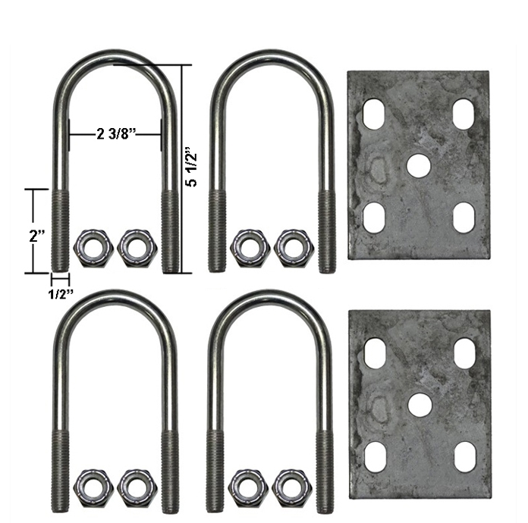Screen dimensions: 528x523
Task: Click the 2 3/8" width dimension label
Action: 116,134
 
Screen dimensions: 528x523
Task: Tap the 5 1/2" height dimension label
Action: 192,166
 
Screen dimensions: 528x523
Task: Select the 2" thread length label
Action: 37,236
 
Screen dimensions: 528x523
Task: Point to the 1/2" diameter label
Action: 61,294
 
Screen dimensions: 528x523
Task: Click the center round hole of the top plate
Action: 419,165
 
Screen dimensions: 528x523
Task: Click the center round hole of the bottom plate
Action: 420,404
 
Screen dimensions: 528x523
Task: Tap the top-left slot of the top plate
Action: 373,113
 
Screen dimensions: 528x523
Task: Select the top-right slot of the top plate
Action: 464,114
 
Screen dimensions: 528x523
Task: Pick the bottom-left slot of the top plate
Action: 375,217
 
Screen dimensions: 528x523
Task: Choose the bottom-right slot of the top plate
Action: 464,218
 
